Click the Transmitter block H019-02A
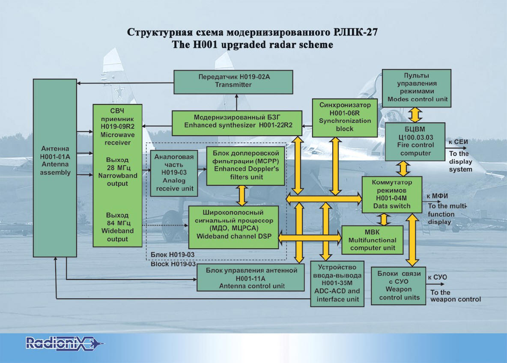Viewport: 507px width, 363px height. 233,82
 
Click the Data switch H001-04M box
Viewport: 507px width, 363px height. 392,194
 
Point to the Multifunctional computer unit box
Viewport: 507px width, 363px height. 372,240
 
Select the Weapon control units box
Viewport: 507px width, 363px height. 396,286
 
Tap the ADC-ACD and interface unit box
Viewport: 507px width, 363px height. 338,283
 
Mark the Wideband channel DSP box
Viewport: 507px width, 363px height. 233,227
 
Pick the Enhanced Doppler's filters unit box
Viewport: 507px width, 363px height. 245,166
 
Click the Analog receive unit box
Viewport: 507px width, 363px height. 174,173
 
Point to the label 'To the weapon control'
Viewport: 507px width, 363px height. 455,296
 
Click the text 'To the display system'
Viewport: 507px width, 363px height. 460,161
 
